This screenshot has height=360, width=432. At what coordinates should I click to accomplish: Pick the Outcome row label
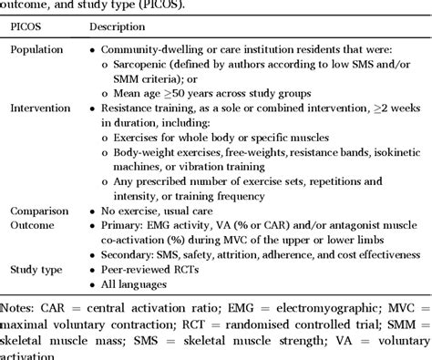[x=36, y=224]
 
